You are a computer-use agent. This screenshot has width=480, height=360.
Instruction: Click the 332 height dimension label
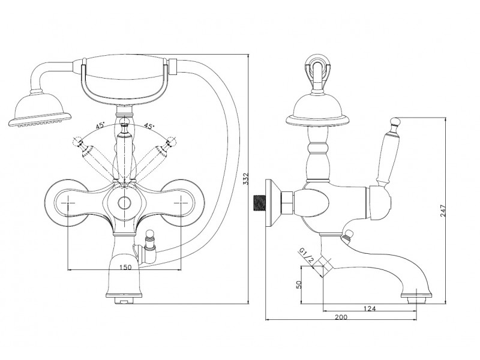(245, 179)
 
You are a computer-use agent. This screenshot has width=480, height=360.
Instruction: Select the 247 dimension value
(443, 211)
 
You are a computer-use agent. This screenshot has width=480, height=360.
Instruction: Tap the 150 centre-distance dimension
(125, 267)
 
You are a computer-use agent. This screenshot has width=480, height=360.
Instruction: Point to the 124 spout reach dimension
(370, 308)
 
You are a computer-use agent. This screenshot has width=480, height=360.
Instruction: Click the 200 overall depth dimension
(341, 317)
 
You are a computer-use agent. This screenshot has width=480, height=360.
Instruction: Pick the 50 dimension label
(299, 284)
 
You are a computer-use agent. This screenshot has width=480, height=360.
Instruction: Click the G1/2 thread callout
(306, 256)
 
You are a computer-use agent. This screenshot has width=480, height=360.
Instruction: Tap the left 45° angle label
(100, 125)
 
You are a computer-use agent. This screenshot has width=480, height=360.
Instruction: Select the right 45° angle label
(149, 126)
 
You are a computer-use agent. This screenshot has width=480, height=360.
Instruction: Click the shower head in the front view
(40, 110)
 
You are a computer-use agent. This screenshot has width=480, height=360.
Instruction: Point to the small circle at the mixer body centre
(124, 203)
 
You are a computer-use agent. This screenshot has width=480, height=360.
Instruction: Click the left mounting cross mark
(67, 203)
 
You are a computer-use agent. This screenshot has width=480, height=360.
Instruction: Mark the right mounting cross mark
(181, 203)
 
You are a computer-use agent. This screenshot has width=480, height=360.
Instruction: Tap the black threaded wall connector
(259, 203)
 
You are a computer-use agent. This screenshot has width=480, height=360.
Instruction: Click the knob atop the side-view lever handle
(396, 122)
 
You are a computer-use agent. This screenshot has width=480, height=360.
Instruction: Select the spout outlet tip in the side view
(416, 298)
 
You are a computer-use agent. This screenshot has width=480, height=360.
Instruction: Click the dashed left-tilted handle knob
(77, 142)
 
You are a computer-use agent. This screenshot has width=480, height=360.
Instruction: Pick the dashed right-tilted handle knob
(170, 141)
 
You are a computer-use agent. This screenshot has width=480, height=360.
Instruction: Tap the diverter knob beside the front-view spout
(149, 235)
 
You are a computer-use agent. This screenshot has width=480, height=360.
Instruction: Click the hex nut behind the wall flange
(287, 203)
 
